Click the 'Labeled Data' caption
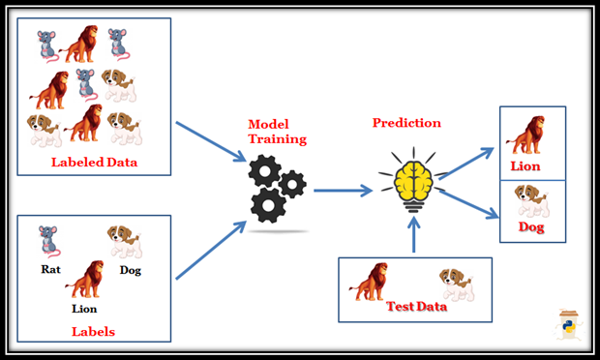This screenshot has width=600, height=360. coord(94,162)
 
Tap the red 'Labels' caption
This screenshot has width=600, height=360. coord(93,331)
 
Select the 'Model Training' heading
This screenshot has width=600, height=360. coord(271,133)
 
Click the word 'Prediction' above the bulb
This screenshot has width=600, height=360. coord(406,123)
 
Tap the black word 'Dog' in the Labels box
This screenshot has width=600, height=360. coord(129,270)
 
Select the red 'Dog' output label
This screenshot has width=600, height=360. coord(530,228)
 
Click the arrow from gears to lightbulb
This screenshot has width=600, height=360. coord(341,192)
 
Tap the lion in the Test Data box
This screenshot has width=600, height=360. coord(372,283)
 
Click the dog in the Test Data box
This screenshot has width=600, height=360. coord(455,284)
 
